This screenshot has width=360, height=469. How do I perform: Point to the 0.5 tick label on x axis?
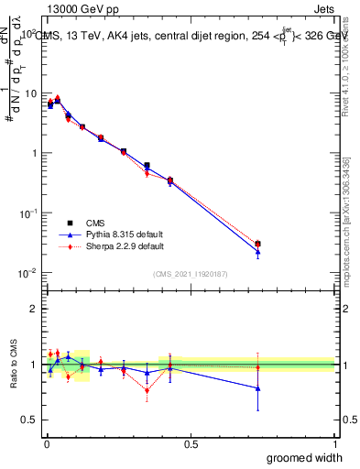pyautogui.click(x=190, y=444)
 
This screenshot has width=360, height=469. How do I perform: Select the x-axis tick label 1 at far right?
pyautogui.click(x=333, y=444)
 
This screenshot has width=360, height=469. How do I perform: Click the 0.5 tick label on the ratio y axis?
pyautogui.click(x=27, y=420)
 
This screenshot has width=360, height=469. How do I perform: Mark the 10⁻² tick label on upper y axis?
pyautogui.click(x=27, y=272)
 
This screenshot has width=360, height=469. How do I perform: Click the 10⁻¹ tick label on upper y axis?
pyautogui.click(x=27, y=213)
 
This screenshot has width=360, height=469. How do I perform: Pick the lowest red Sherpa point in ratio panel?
pyautogui.click(x=147, y=391)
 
